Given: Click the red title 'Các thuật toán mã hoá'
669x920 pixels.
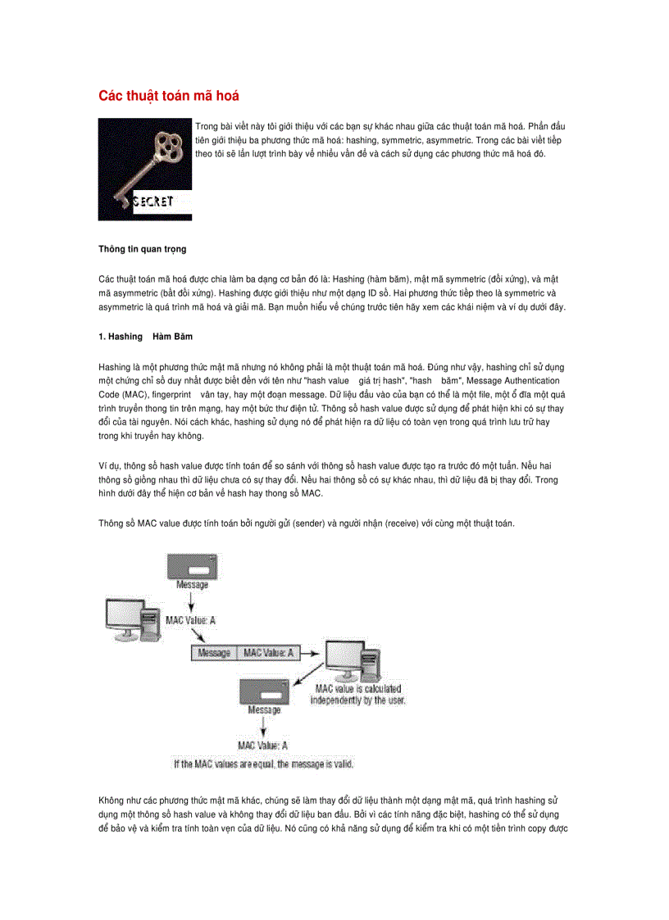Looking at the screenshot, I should [x=169, y=96].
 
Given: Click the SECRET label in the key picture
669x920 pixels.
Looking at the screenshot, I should [x=152, y=202].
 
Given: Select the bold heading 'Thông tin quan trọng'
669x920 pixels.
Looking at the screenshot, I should [x=143, y=248].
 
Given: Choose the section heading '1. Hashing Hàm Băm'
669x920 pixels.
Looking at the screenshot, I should [x=145, y=337].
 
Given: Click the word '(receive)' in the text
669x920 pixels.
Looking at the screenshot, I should [x=399, y=523].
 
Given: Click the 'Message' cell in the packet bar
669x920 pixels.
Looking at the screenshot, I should [x=214, y=653].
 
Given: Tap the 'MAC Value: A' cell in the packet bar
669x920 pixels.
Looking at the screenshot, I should [x=268, y=653].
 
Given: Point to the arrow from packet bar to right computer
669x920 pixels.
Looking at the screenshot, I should [x=313, y=653].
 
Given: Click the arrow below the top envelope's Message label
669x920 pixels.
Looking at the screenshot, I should [x=192, y=601].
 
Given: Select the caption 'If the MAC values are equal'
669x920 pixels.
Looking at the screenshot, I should [x=262, y=764].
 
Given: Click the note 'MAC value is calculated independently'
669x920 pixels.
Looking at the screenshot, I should [x=357, y=695].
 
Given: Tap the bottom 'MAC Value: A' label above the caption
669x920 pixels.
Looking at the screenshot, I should [x=262, y=745].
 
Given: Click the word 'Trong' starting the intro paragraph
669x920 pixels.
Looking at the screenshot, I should [x=207, y=126].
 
